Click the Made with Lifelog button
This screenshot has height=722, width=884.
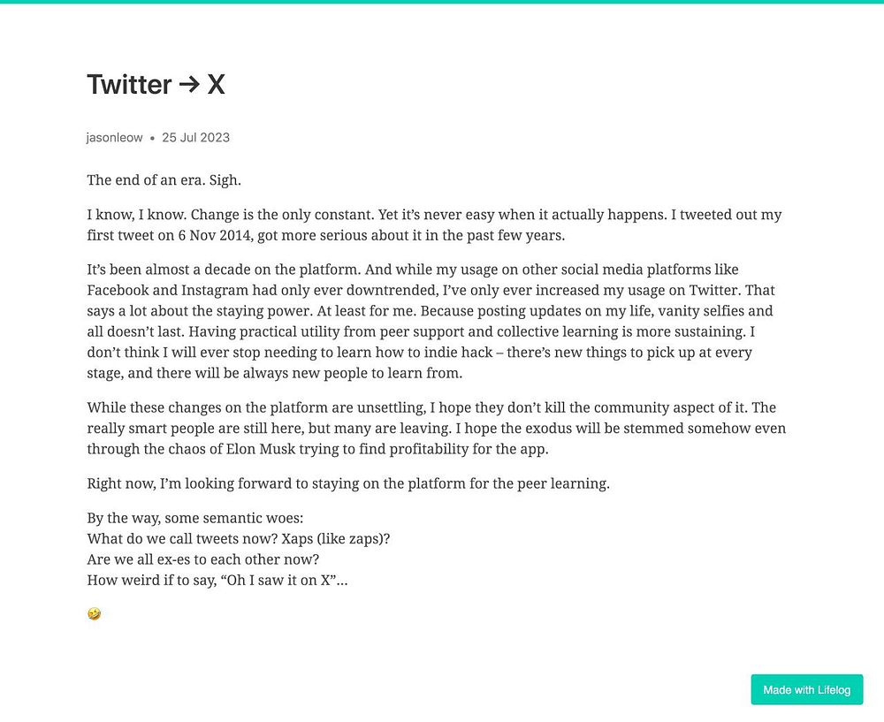click(x=806, y=689)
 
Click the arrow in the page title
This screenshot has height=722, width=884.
click(x=189, y=85)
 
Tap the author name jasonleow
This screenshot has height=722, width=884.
click(x=114, y=138)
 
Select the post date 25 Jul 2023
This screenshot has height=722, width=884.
click(x=195, y=138)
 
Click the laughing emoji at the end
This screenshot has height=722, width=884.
click(x=94, y=613)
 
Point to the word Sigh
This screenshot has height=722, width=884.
click(x=225, y=180)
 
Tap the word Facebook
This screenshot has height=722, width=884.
click(x=118, y=290)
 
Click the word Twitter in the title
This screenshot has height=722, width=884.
click(x=129, y=85)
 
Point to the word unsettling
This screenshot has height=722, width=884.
click(x=351, y=408)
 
